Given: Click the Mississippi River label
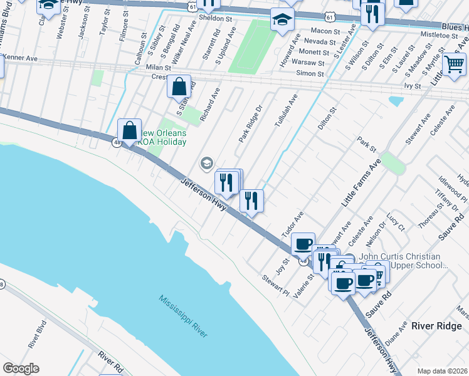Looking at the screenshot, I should pyautogui.click(x=183, y=316).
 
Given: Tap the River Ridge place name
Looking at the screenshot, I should pyautogui.click(x=436, y=326).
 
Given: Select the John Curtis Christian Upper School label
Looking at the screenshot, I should pyautogui.click(x=414, y=261).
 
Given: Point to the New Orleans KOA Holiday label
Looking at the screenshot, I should pyautogui.click(x=163, y=137).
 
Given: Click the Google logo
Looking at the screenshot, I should pyautogui.click(x=21, y=368).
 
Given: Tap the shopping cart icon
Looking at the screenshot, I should pyautogui.click(x=454, y=64).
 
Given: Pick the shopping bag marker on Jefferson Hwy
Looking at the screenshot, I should pyautogui.click(x=130, y=132).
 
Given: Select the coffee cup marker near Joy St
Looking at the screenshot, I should pyautogui.click(x=303, y=244).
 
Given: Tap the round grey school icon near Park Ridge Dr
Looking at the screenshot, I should pyautogui.click(x=206, y=164).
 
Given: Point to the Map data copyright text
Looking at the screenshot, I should pyautogui.click(x=442, y=371).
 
